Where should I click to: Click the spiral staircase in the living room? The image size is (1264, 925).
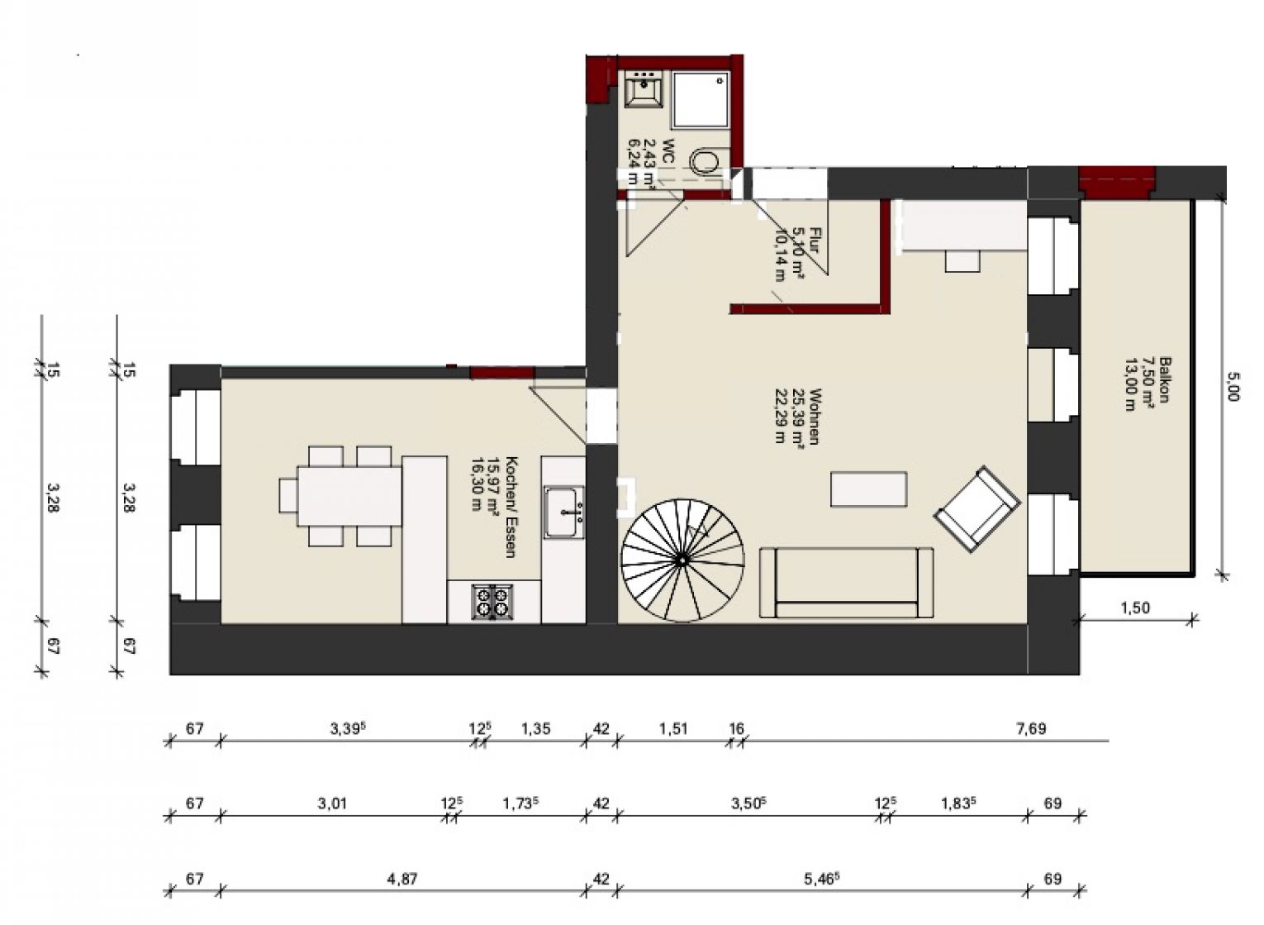(682, 560)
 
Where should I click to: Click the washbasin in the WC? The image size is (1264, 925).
(644, 89)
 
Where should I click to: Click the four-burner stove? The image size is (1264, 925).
(492, 602)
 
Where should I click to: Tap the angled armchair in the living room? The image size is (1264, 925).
(977, 509)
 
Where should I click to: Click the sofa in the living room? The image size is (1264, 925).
(847, 583)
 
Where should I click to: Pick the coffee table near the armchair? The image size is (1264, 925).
(868, 489)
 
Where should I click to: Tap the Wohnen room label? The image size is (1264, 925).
(797, 416)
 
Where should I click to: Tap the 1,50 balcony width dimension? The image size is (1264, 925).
(1135, 608)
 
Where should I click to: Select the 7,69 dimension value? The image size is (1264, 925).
(1031, 728)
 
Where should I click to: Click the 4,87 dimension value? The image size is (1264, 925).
(402, 879)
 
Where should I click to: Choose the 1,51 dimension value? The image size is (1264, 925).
(673, 728)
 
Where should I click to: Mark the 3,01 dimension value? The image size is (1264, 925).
(332, 803)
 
